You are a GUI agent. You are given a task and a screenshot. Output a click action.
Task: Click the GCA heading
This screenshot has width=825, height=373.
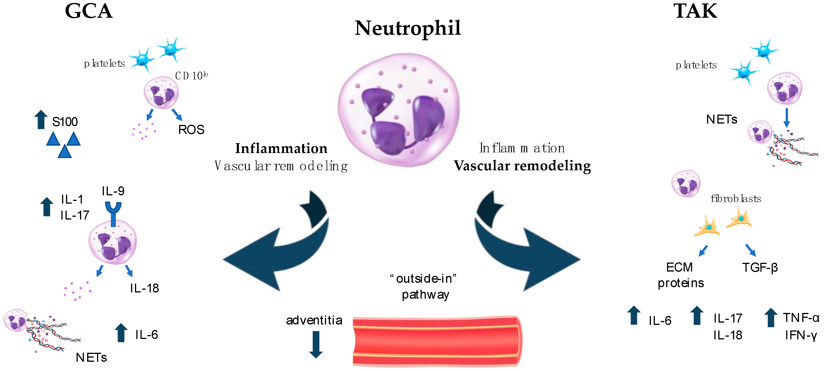click(89, 12)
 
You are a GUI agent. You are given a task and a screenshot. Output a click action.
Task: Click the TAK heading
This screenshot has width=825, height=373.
click(695, 12)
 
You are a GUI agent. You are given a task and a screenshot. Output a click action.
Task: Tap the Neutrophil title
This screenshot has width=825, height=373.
click(408, 28)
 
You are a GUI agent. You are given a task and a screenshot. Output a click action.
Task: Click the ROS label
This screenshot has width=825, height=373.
click(191, 130)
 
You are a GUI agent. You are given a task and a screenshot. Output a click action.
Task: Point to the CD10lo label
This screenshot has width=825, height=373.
click(191, 76)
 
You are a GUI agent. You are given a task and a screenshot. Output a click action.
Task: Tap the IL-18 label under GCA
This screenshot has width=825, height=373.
click(144, 288)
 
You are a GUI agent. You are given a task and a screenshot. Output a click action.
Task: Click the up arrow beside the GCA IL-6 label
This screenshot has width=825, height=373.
click(121, 333)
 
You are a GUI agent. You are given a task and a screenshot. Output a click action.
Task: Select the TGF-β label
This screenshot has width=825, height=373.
click(760, 267)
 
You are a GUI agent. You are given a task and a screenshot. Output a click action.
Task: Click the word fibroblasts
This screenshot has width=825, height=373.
click(736, 199)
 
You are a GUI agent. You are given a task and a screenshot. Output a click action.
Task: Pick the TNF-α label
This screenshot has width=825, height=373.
click(801, 318)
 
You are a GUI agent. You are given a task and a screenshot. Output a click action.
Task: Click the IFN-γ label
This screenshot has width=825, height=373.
click(801, 335)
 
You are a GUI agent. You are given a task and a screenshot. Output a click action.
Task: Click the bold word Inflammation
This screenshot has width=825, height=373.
click(281, 148)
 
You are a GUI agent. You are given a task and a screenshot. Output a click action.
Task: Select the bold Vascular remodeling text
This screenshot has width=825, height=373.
click(522, 166)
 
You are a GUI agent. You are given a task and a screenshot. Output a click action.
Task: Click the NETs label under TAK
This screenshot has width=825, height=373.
click(722, 119)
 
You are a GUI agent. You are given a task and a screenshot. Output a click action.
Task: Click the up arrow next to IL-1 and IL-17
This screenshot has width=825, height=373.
click(47, 207)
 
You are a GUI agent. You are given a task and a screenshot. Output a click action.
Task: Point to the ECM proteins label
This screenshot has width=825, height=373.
click(681, 275)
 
